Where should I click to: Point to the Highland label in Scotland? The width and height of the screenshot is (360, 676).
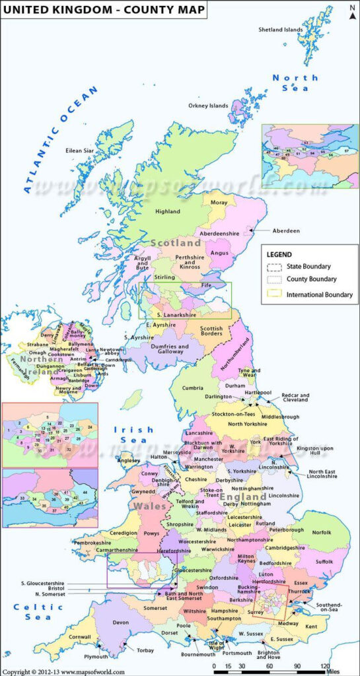pyautogui.click(x=167, y=211)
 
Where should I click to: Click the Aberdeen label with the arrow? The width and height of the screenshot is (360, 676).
pyautogui.click(x=285, y=230)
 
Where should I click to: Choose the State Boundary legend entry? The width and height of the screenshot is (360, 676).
pyautogui.click(x=309, y=266)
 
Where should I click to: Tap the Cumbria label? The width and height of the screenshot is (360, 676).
pyautogui.click(x=193, y=388)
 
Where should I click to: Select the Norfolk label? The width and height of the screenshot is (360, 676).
pyautogui.click(x=322, y=532)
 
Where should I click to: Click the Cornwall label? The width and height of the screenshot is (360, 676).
pyautogui.click(x=79, y=636)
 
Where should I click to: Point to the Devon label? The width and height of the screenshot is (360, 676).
pyautogui.click(x=121, y=622)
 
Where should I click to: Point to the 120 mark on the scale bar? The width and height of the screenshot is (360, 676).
pyautogui.click(x=325, y=666)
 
